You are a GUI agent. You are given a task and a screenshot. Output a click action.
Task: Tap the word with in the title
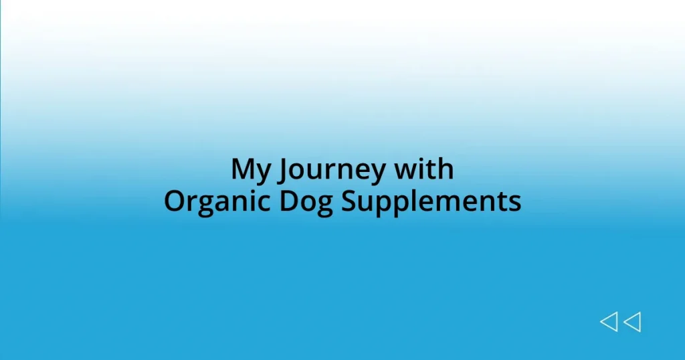(424, 170)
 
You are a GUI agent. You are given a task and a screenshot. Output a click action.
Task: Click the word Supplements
(431, 201)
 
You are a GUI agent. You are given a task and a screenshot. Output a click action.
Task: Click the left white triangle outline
(609, 323)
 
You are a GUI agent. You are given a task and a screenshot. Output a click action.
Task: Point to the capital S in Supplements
(349, 201)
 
